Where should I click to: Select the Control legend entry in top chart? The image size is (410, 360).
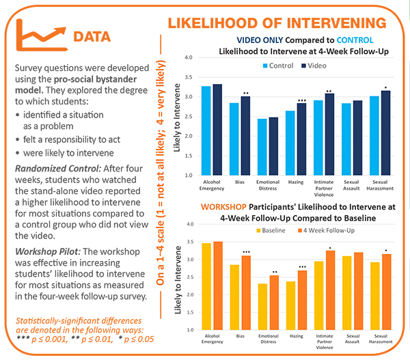tap(277, 66)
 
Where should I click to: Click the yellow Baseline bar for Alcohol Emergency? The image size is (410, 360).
tap(207, 286)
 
